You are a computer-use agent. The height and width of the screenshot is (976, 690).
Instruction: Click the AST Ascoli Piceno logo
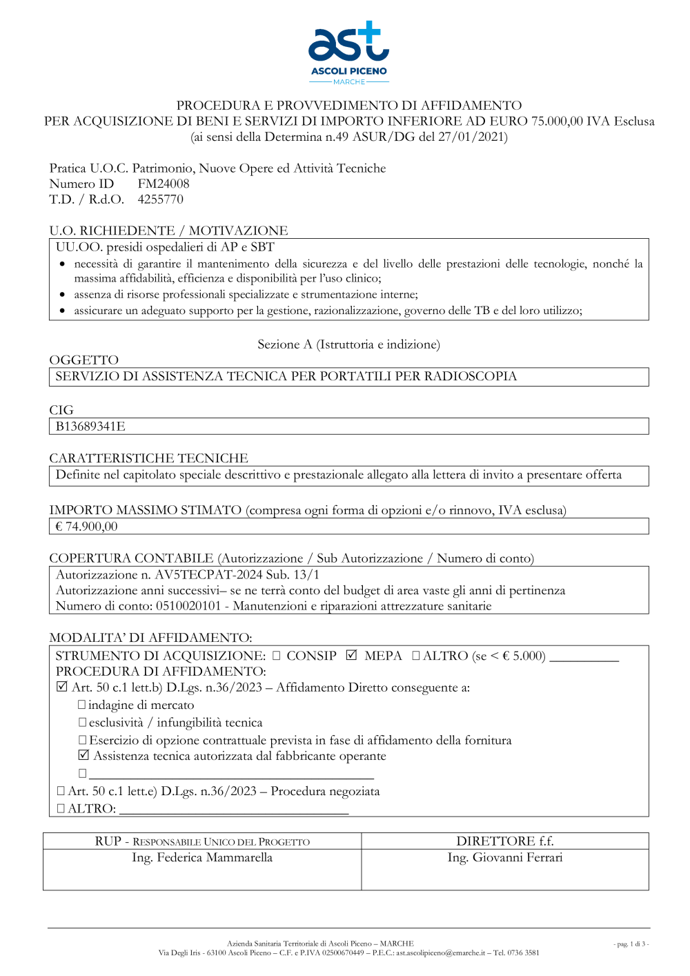tap(348, 52)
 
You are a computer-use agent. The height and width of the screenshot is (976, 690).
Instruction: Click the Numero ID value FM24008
tap(164, 184)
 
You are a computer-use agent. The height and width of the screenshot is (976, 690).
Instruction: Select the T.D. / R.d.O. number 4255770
tap(161, 199)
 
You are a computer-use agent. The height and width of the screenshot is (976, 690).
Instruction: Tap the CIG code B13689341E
tap(90, 427)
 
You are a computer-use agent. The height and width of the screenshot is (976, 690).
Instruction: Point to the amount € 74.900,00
tap(87, 527)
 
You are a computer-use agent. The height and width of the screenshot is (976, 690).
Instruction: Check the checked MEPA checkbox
tap(351, 655)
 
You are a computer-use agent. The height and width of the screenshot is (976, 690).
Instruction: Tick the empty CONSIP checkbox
tap(277, 656)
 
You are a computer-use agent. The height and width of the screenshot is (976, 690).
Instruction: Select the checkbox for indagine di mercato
tap(82, 705)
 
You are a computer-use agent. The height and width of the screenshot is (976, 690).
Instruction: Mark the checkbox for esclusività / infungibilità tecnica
tap(82, 723)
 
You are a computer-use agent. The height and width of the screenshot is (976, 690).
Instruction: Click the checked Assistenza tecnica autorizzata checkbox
tap(83, 755)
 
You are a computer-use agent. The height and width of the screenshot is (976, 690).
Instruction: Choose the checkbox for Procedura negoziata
tap(61, 791)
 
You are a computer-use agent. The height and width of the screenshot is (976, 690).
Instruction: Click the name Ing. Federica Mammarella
tap(202, 858)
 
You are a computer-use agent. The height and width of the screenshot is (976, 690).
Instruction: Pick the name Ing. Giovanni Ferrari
tap(505, 858)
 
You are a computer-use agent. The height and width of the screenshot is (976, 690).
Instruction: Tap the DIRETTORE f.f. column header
tap(505, 841)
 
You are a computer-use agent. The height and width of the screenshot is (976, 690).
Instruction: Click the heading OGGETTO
tap(84, 360)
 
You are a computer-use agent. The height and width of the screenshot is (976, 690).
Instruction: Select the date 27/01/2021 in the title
tap(471, 137)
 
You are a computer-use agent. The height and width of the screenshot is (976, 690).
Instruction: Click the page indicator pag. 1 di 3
tap(631, 944)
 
